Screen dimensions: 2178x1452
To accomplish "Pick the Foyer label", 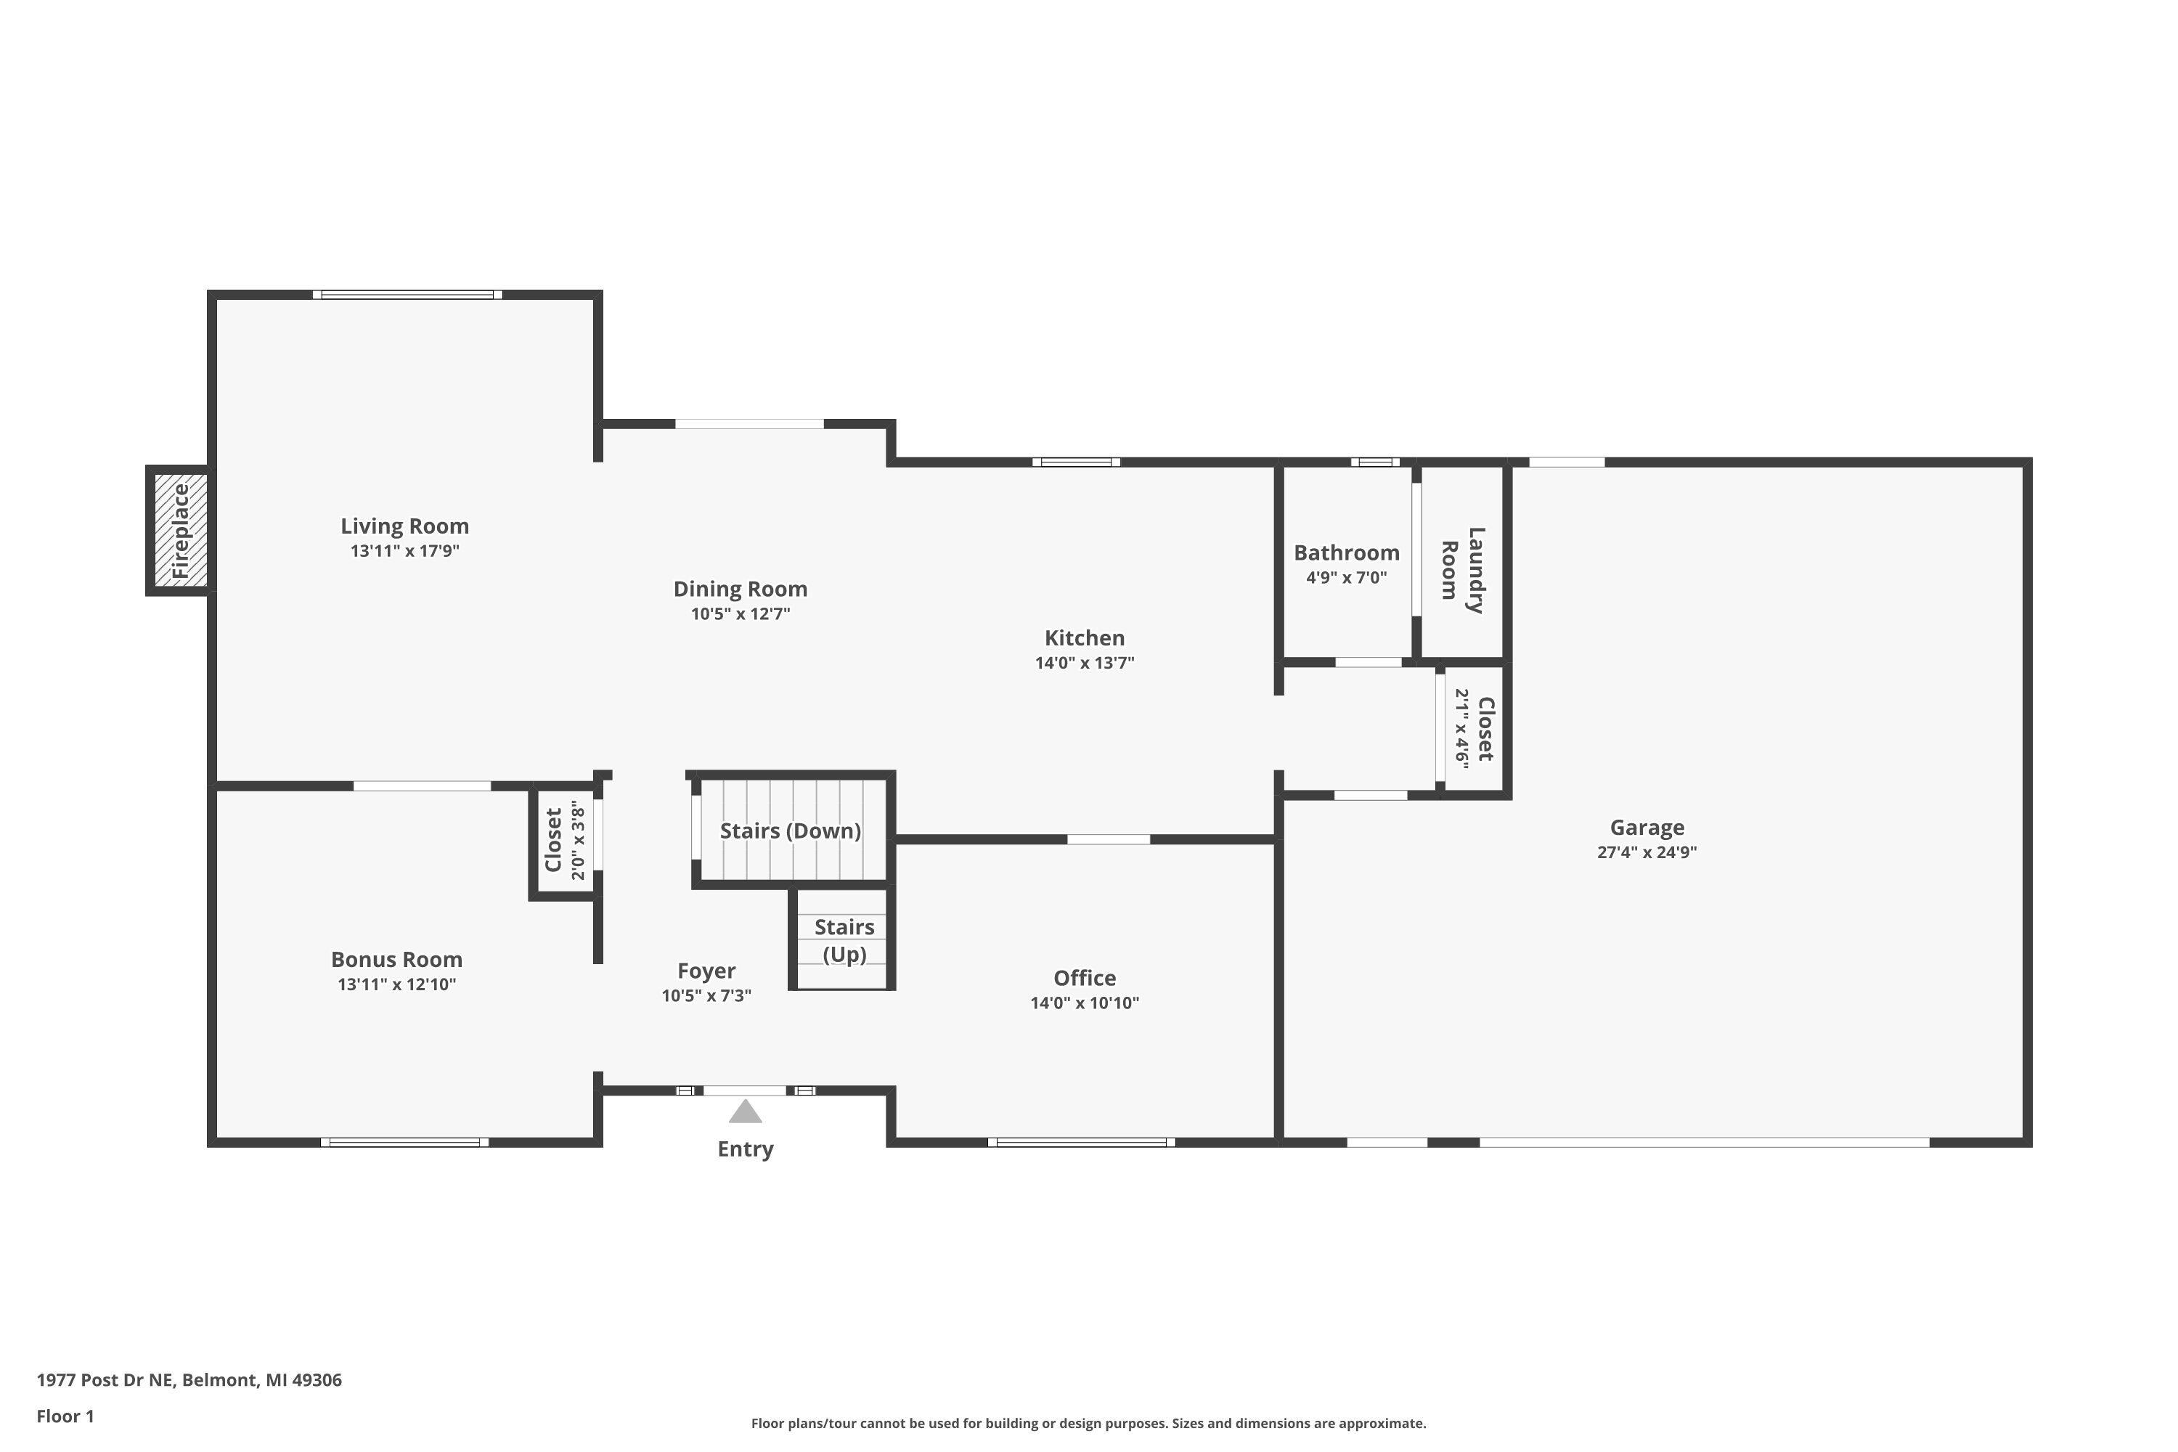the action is tap(706, 971).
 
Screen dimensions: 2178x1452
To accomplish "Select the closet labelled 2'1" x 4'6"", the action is tap(1475, 729).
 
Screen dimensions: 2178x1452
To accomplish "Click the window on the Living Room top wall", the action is tap(407, 295).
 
